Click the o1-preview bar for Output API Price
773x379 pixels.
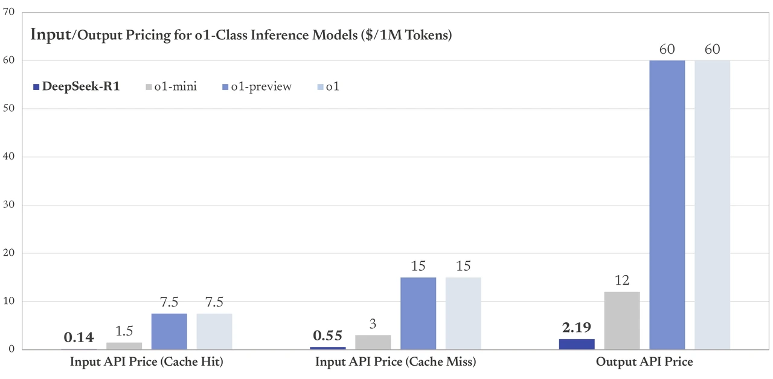point(667,205)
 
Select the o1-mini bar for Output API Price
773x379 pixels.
point(621,320)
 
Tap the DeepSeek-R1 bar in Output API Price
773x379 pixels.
point(576,344)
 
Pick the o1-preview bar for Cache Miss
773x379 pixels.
point(418,313)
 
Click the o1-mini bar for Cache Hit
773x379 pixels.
point(124,346)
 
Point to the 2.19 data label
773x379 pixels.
point(576,328)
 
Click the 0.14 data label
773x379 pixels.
point(79,337)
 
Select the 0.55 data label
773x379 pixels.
point(327,335)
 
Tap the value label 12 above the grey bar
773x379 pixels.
point(621,280)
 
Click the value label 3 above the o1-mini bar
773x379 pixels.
point(373,324)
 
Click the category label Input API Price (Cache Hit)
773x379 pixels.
point(147,362)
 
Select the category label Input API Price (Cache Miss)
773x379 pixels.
point(396,362)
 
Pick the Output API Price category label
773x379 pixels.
point(644,362)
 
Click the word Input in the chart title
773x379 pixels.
point(50,34)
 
